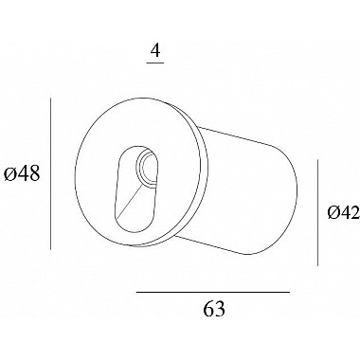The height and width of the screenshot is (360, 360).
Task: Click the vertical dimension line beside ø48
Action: (x=45, y=175)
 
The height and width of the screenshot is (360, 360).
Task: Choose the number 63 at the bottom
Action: (x=213, y=309)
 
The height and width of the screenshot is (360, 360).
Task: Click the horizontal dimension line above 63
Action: (x=213, y=294)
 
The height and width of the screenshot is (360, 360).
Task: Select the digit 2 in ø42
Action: (x=353, y=214)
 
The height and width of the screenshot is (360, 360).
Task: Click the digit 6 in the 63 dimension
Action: (x=207, y=309)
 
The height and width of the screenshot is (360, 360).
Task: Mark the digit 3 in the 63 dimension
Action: (x=220, y=309)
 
